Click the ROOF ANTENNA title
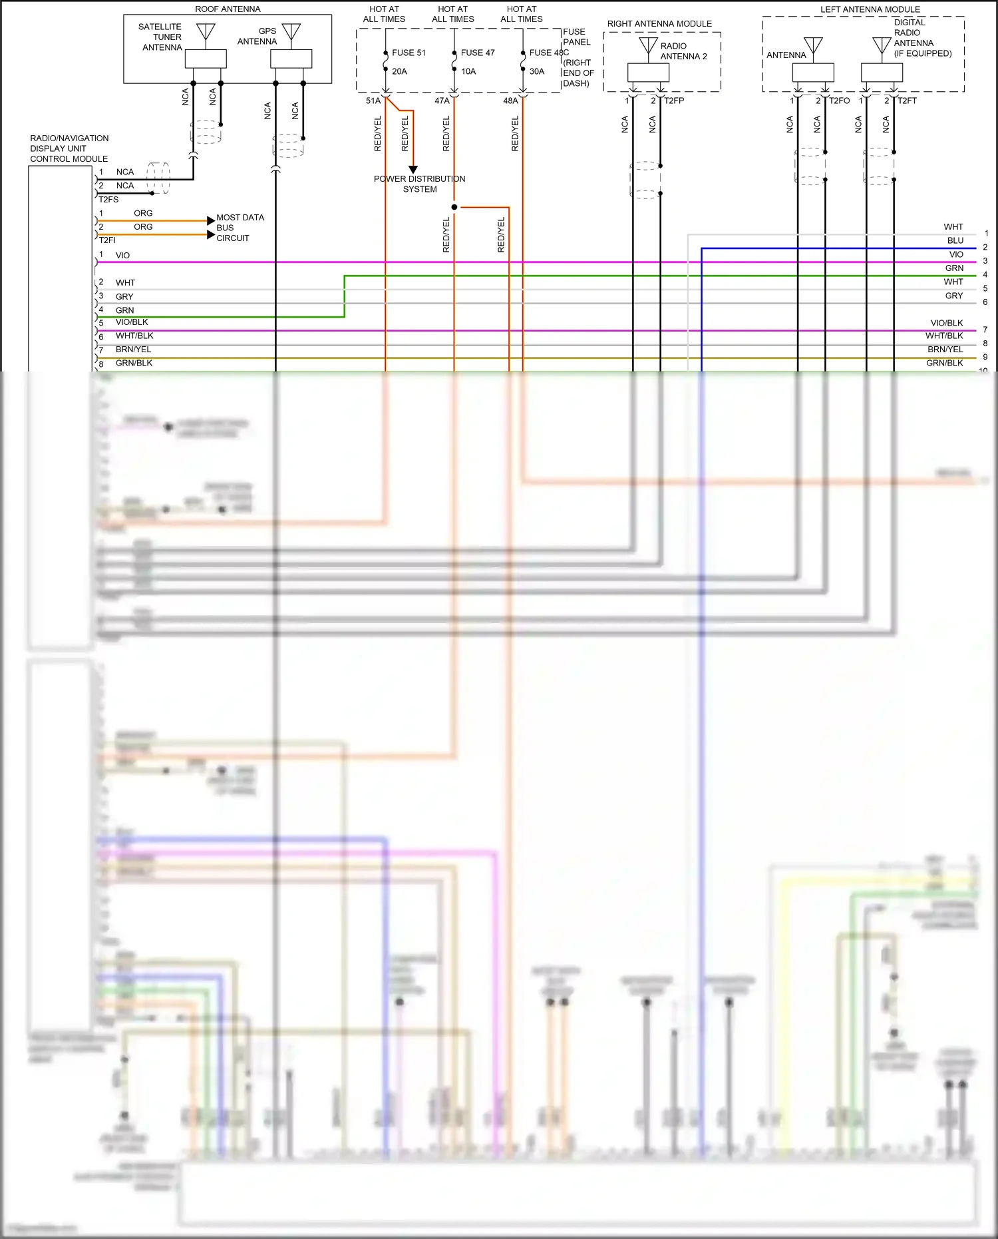pos(228,9)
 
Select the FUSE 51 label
pos(409,53)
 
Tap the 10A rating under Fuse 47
pos(468,71)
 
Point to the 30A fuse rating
pos(537,71)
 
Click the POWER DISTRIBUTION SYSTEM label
pos(419,184)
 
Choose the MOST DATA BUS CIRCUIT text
pos(240,228)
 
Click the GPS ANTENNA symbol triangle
pos(291,31)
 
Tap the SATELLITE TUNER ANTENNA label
pos(160,37)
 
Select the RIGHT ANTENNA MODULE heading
pos(659,24)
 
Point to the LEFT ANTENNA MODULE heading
pos(870,9)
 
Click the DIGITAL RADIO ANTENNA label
pos(921,38)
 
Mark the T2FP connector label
pos(674,101)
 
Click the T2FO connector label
pos(840,101)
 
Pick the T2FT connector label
pos(908,101)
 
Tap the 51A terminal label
pos(373,101)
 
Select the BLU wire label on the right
pos(955,240)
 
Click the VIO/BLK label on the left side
pos(132,322)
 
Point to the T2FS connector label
pos(108,199)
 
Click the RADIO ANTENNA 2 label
pos(683,51)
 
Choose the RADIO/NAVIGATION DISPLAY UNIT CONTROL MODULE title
pos(69,148)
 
